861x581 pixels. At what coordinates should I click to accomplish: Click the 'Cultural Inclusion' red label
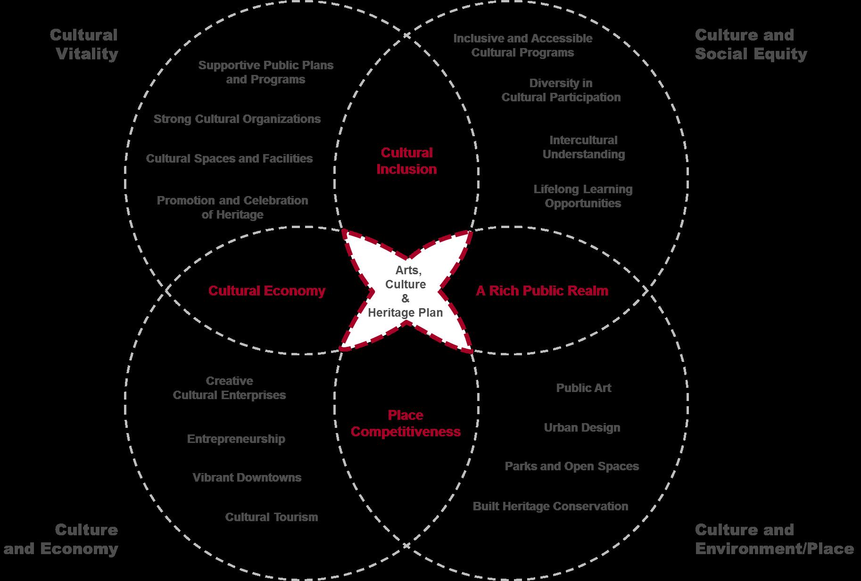tap(406, 161)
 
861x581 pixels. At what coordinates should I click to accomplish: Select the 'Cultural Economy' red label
tap(267, 291)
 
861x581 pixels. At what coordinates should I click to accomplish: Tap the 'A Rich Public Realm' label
tap(542, 291)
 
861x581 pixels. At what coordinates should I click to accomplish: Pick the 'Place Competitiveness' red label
tap(406, 423)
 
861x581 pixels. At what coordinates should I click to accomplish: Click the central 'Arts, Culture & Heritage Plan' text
tap(406, 291)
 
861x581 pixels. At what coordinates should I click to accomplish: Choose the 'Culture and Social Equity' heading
tap(751, 44)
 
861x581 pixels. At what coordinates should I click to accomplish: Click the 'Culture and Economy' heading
tap(61, 539)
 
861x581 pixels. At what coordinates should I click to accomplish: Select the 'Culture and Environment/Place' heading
tap(774, 539)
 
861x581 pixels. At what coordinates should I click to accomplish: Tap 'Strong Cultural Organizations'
tap(237, 119)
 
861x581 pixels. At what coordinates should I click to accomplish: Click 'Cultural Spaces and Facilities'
tap(229, 158)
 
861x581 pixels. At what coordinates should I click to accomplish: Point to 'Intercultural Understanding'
tap(583, 147)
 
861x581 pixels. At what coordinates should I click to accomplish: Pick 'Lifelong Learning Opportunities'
tap(583, 196)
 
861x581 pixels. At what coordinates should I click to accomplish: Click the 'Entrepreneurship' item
tap(236, 439)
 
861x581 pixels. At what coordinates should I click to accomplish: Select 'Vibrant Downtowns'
tap(247, 477)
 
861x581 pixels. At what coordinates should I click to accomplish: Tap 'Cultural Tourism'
tap(272, 517)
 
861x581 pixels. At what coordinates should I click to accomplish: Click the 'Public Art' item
tap(583, 388)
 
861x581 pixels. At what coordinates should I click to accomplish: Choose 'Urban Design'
tap(582, 427)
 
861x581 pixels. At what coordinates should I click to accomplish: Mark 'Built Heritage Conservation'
tap(550, 506)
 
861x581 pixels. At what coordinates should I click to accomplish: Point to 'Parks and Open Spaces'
tap(571, 466)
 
